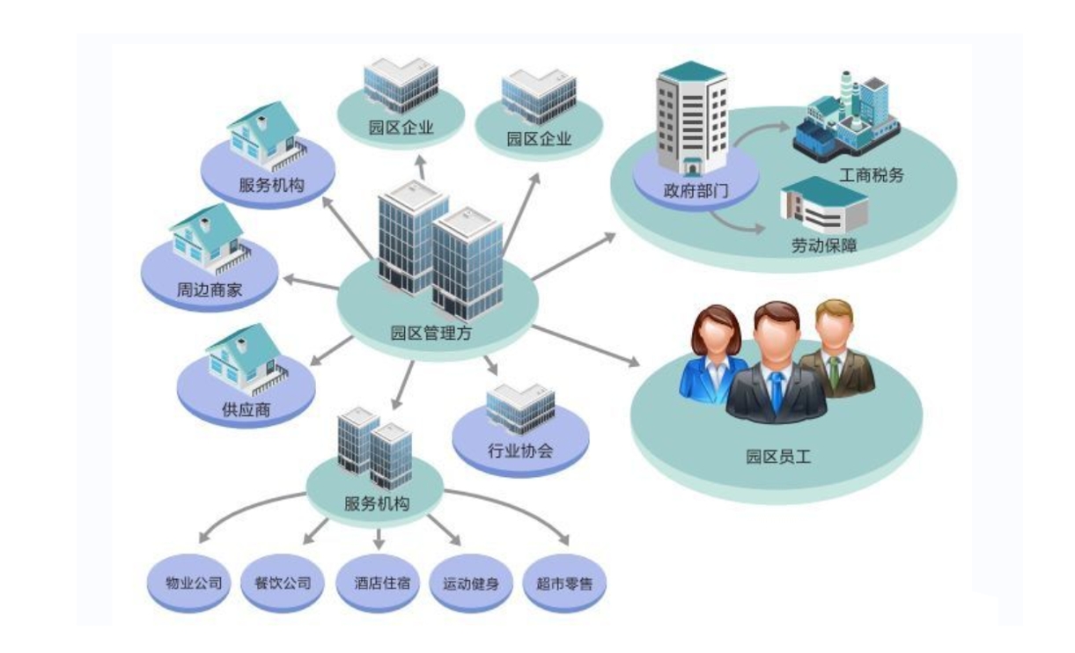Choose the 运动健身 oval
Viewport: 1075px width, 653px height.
[471, 583]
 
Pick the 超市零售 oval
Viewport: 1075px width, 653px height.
[564, 583]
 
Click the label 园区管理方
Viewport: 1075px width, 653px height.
[426, 334]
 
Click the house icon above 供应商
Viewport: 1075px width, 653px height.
[241, 356]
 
